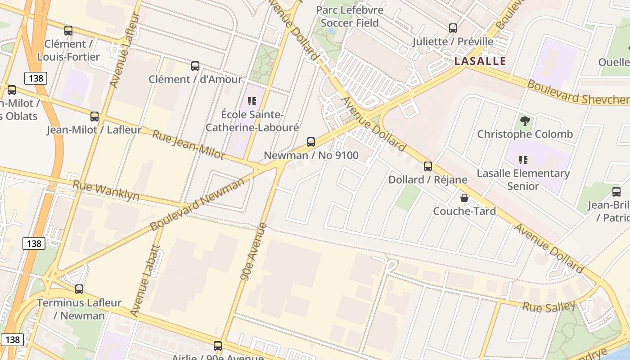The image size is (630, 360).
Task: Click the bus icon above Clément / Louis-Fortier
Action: pos(68,31)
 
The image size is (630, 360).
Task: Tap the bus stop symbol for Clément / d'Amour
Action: pos(195,66)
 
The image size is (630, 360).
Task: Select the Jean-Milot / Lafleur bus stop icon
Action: pos(94,117)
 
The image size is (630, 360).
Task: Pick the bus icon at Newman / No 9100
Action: pos(311,142)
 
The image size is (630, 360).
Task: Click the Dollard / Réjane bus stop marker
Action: pos(428,166)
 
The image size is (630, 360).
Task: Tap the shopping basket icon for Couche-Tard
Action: pos(464,198)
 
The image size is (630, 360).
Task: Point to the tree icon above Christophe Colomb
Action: pos(525,121)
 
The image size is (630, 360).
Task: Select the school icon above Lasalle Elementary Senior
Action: pos(523,160)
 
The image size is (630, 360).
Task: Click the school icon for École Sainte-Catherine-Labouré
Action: pos(252,101)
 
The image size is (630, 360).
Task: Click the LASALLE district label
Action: pos(480,61)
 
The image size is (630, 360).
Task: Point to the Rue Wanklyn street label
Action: pos(106,191)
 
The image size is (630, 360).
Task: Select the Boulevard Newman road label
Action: pos(198,203)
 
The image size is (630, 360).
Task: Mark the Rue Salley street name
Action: pos(549,307)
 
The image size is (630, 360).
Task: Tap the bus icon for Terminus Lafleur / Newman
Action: pos(79,289)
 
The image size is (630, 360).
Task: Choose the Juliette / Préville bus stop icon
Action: pos(453,28)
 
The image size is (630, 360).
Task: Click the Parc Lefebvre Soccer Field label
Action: pos(350,16)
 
